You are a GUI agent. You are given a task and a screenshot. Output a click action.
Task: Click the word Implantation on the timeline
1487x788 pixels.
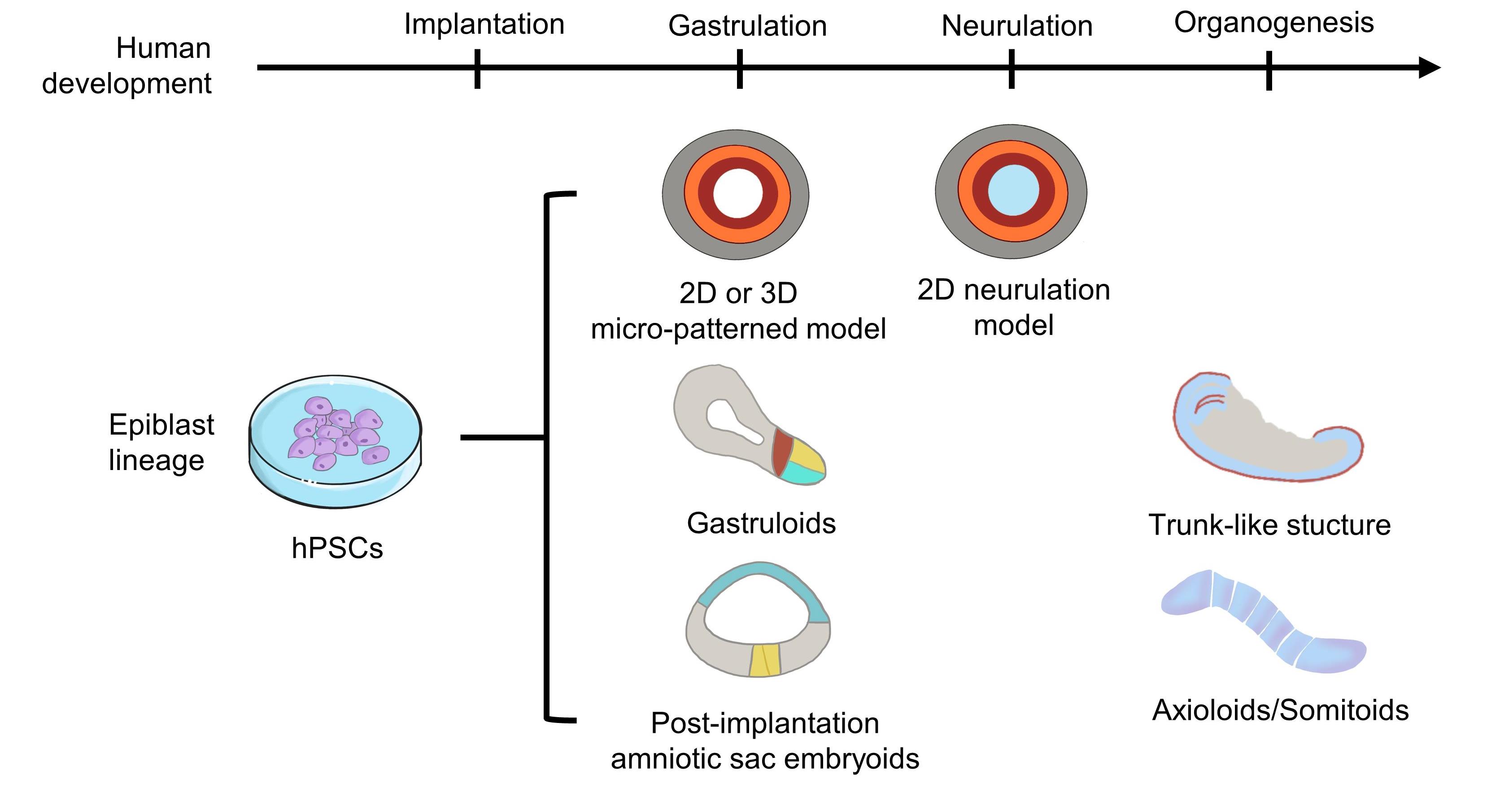point(484,24)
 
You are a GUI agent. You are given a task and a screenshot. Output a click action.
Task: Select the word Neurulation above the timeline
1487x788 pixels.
point(1016,26)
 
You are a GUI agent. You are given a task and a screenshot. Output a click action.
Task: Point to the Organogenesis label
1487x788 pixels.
point(1273,23)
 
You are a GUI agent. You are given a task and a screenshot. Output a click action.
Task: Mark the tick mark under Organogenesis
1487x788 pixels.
point(1269,70)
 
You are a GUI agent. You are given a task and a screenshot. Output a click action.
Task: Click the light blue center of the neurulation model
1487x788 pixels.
point(1013,191)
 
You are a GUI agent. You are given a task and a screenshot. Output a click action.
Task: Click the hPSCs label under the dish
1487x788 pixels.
point(337,548)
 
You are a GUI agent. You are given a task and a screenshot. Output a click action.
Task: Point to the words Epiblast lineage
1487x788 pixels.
point(161,442)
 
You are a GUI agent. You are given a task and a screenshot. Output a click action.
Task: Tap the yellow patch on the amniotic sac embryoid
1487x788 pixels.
point(765,659)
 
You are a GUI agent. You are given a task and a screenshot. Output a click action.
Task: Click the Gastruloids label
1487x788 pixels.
point(761,523)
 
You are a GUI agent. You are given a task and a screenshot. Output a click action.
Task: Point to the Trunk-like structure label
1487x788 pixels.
point(1269,525)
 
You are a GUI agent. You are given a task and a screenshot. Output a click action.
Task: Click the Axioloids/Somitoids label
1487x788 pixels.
point(1280,710)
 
